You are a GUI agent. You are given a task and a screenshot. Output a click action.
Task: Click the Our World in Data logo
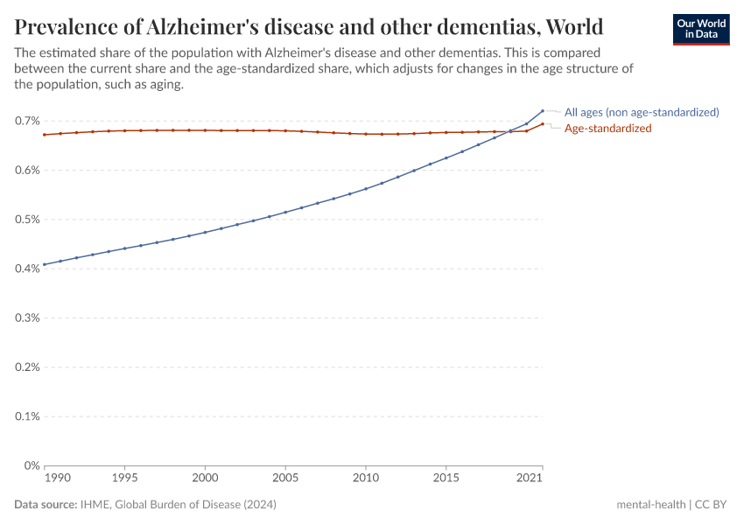click(700, 28)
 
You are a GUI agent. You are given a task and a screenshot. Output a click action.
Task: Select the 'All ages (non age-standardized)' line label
click(641, 112)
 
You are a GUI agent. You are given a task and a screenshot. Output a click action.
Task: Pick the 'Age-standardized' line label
click(607, 128)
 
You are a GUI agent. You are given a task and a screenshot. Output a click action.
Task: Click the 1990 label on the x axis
click(57, 479)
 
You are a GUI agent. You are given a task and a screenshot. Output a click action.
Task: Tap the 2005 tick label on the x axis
click(285, 479)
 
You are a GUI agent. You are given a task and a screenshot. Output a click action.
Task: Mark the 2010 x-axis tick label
click(366, 479)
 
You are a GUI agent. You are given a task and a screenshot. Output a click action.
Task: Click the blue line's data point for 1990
click(45, 264)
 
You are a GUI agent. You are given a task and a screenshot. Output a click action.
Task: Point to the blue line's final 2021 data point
click(543, 111)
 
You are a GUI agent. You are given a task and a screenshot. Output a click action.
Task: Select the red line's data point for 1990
click(45, 135)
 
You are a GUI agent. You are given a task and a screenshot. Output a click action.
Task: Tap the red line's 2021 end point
click(543, 124)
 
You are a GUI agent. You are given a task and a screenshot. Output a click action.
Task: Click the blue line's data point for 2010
click(366, 188)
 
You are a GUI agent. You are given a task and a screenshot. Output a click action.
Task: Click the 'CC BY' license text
click(712, 505)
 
